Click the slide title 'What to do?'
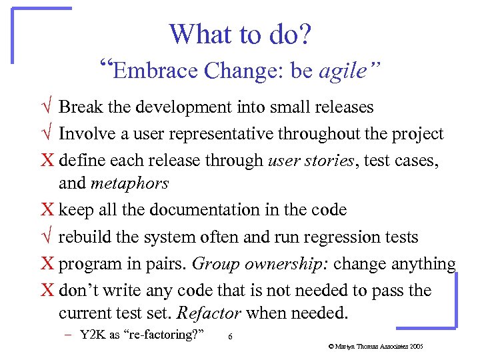(x=239, y=34)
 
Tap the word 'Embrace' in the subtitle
(x=156, y=71)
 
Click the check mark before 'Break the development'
(x=45, y=107)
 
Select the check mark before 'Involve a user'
(x=45, y=134)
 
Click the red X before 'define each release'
(x=47, y=161)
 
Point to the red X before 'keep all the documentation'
(x=47, y=210)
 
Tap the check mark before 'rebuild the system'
(x=45, y=237)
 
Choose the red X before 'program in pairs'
(x=47, y=264)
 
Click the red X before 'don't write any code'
(x=47, y=291)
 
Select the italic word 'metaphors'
(x=129, y=183)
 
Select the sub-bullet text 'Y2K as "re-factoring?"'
(x=141, y=335)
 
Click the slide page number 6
(x=230, y=337)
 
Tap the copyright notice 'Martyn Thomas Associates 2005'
(x=376, y=347)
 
